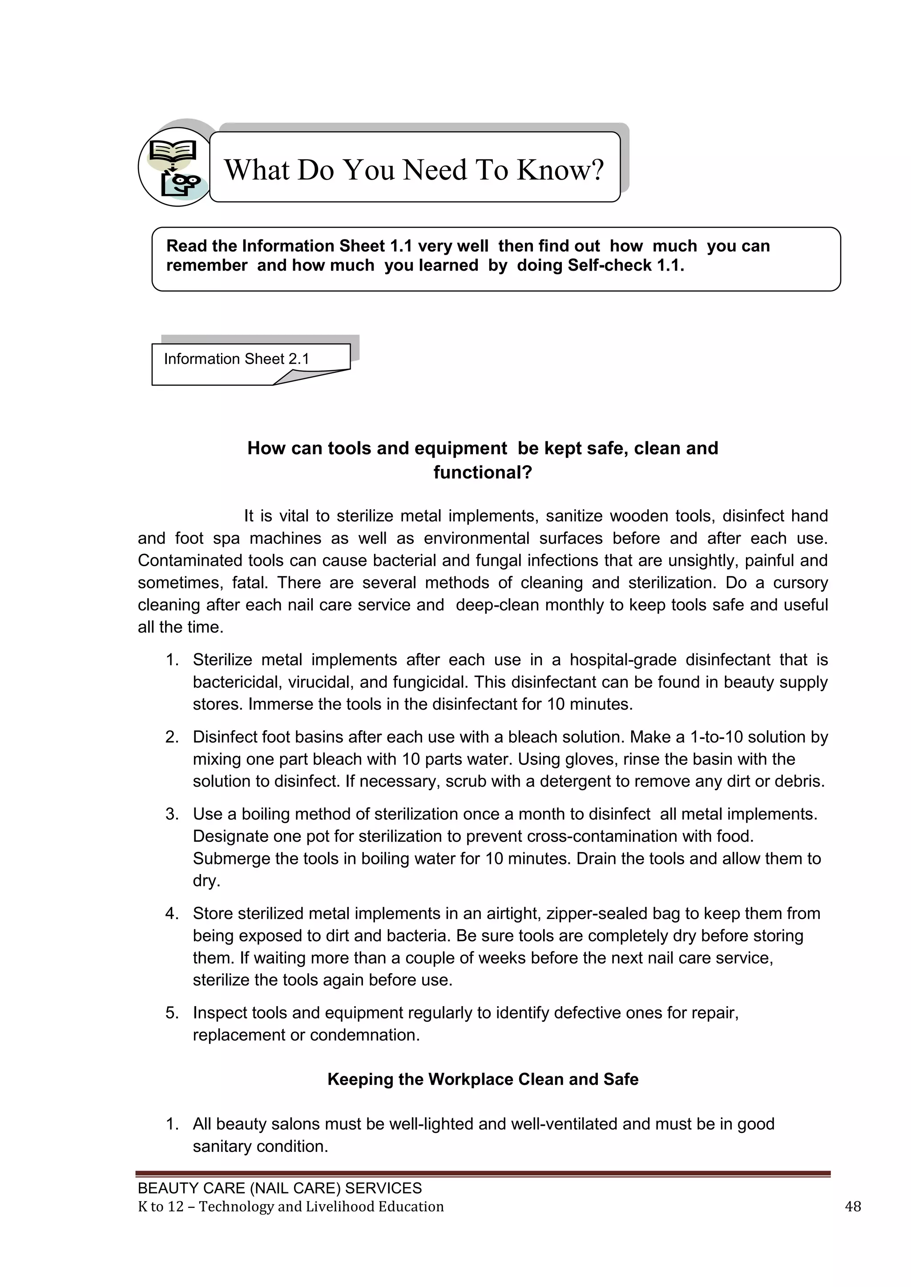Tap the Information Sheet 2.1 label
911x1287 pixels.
236,359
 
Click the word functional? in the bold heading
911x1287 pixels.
483,472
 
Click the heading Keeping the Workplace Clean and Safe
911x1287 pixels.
483,1079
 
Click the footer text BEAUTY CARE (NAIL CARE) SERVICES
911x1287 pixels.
279,1188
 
